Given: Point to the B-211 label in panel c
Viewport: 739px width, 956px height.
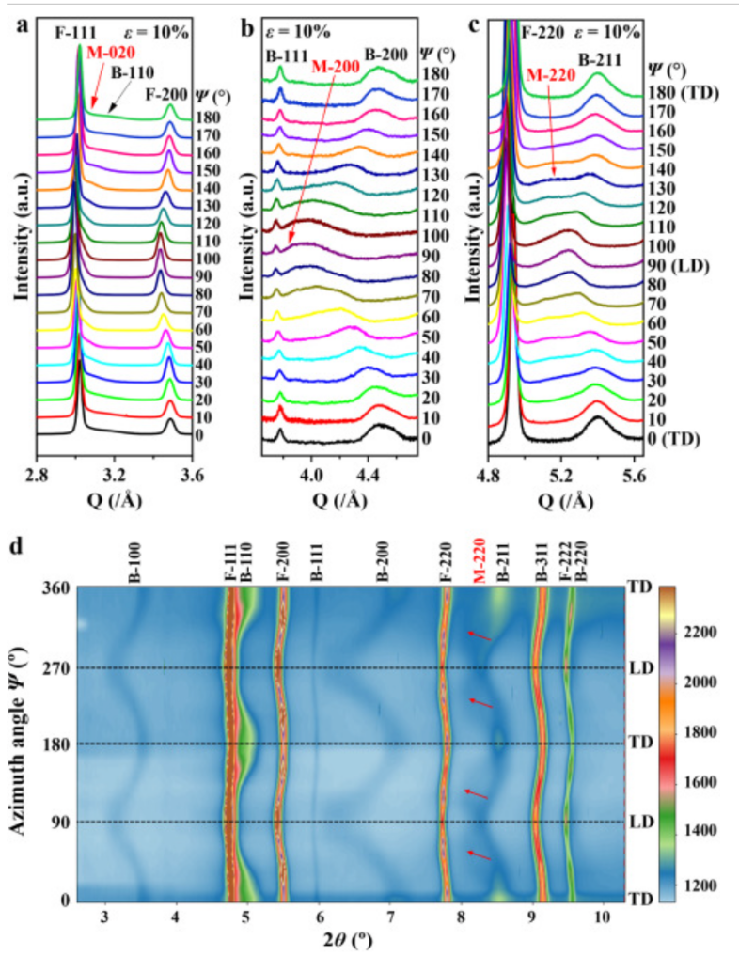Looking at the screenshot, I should (x=599, y=59).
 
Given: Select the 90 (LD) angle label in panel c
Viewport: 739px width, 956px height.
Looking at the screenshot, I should (x=678, y=265).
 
